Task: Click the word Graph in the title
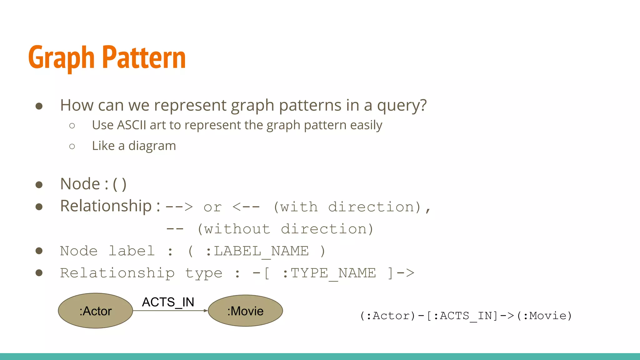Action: tap(61, 58)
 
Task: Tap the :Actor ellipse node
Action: tap(96, 311)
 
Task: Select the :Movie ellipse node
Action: tap(245, 311)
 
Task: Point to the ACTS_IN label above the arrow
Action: tap(168, 302)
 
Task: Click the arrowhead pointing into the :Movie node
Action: tap(205, 311)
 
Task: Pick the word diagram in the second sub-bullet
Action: tap(152, 146)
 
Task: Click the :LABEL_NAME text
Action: tap(257, 251)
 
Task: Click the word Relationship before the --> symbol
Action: tap(106, 206)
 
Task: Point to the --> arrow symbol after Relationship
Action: tap(179, 207)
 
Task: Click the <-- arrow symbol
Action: tap(246, 207)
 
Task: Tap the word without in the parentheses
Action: tap(237, 229)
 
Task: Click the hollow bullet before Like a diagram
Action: tap(72, 146)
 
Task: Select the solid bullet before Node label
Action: tap(39, 251)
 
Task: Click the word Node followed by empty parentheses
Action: tap(80, 184)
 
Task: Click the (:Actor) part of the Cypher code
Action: tap(387, 316)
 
